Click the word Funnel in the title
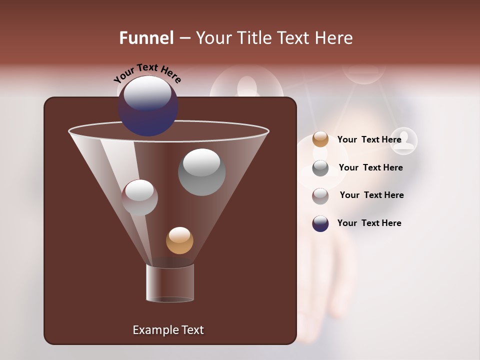point(146,38)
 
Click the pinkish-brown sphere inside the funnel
point(139,197)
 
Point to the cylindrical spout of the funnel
point(170,283)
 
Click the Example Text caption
point(168,330)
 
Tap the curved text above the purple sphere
point(147,72)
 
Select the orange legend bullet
point(320,139)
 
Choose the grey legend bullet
point(320,168)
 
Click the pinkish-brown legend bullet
point(320,196)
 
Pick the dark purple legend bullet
point(320,224)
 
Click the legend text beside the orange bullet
point(369,139)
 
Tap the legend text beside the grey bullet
point(370,167)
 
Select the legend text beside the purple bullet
point(369,223)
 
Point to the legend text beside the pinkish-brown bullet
point(371,195)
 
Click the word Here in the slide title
point(333,38)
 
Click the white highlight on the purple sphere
point(147,93)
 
